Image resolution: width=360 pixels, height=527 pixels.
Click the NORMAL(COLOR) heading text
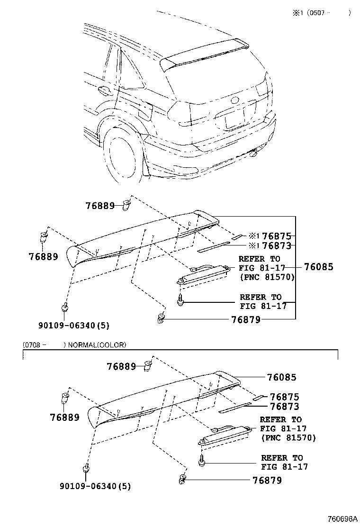[x=97, y=345]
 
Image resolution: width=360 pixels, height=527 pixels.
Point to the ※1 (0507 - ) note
[x=322, y=13]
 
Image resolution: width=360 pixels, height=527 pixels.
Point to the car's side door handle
[x=105, y=90]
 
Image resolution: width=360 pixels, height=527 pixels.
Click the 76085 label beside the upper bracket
[x=319, y=267]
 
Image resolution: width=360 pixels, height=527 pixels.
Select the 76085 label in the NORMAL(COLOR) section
[x=282, y=377]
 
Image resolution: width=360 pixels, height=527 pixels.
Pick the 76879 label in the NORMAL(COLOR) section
[x=267, y=480]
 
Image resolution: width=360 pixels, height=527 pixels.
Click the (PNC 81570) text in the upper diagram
[x=267, y=277]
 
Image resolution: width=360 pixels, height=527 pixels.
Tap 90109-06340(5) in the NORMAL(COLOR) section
[x=95, y=486]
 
